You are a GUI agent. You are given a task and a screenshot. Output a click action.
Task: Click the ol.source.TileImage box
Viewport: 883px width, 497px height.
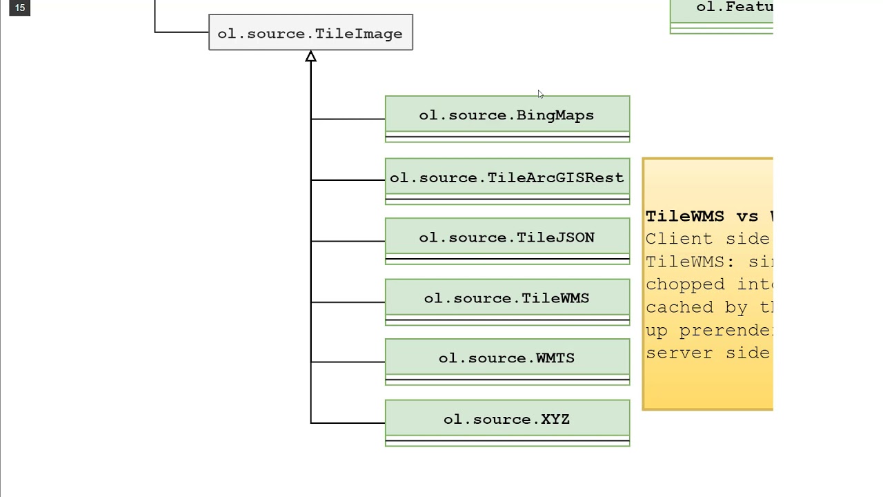click(x=310, y=33)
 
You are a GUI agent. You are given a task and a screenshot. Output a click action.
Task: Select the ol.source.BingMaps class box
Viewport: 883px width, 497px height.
click(x=507, y=115)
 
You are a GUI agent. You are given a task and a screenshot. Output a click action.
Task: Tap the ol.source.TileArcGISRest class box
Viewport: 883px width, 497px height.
click(x=507, y=178)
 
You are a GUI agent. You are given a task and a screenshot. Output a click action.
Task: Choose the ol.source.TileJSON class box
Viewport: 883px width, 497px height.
click(x=507, y=238)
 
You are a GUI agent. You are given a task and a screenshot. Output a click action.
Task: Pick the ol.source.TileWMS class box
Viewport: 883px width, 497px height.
click(x=507, y=299)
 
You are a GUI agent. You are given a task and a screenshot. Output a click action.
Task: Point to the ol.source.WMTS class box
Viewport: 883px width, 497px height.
click(x=507, y=358)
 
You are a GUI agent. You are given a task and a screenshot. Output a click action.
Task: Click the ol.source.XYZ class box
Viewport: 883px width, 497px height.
click(x=507, y=420)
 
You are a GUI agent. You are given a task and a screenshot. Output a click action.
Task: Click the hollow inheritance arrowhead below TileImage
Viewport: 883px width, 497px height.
click(x=310, y=57)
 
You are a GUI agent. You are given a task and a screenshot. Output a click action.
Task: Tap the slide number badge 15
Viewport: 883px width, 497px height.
click(x=19, y=8)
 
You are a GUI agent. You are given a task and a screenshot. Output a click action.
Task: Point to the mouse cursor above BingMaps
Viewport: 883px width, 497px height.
click(x=540, y=94)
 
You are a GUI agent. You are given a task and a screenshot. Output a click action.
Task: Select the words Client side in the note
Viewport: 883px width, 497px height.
click(x=707, y=239)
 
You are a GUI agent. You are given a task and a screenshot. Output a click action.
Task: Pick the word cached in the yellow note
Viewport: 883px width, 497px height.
click(x=680, y=307)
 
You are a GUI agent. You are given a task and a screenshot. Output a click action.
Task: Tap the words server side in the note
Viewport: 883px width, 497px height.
click(x=707, y=353)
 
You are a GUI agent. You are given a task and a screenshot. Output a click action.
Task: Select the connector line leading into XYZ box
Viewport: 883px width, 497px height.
click(x=348, y=423)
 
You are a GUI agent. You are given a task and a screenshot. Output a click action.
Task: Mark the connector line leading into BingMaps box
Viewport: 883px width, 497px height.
click(x=348, y=119)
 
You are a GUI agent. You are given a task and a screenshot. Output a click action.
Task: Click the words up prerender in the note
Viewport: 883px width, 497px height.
click(x=707, y=330)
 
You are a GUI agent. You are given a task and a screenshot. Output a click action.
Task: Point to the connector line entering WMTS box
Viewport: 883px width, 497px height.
click(x=348, y=362)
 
